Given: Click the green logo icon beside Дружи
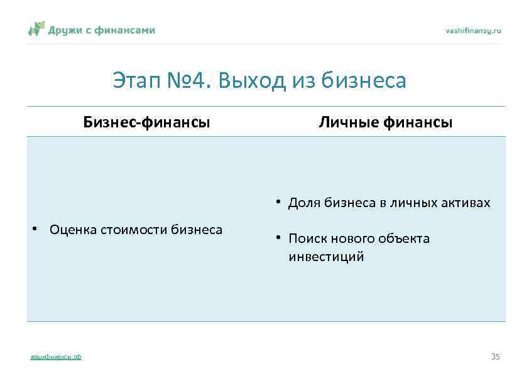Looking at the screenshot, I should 36,29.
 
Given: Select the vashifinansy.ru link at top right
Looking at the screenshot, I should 473,30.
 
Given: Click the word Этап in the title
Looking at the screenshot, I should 135,80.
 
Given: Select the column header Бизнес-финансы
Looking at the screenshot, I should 147,122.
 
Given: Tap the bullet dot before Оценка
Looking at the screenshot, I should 36,230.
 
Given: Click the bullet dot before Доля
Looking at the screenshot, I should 276,202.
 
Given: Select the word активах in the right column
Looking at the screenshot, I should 467,203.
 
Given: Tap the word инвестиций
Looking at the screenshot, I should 326,257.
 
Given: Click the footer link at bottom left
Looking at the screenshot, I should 56,357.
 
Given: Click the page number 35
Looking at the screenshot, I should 495,356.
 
